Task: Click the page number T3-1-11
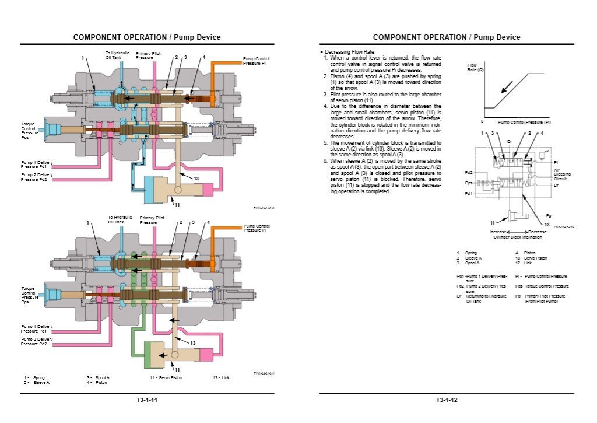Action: coord(146,400)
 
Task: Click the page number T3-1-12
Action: coord(447,400)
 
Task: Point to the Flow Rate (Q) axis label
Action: coord(475,67)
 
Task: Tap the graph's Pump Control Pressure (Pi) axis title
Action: coord(524,123)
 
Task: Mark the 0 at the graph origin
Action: coord(482,121)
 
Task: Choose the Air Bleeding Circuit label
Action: coord(562,174)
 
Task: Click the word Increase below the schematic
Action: coord(498,232)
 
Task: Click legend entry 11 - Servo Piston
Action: coord(166,378)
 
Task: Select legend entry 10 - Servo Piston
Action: coord(531,257)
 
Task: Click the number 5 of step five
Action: coord(326,142)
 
